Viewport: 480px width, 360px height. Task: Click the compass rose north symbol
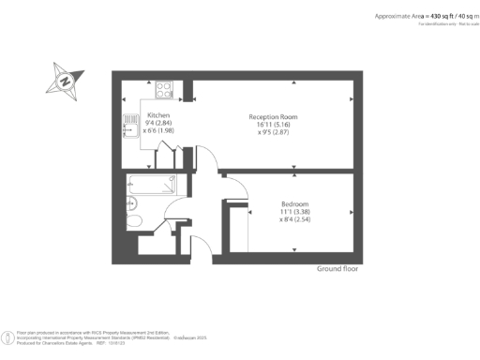(65, 81)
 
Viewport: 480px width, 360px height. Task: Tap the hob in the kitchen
(163, 90)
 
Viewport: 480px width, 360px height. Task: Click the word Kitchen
(158, 115)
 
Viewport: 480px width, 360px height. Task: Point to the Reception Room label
(272, 115)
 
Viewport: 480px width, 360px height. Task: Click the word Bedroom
(294, 204)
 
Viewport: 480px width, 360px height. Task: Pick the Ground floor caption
(337, 268)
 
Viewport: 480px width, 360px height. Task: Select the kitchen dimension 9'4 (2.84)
(158, 124)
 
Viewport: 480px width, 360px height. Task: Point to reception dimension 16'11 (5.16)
(272, 124)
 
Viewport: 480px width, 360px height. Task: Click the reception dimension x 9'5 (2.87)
(272, 132)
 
